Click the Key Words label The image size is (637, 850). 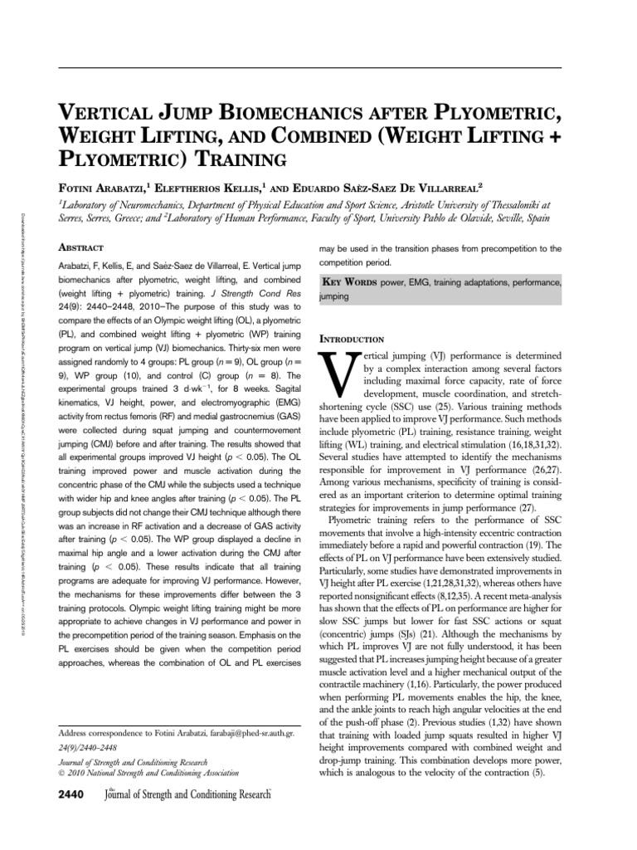coord(356,281)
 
